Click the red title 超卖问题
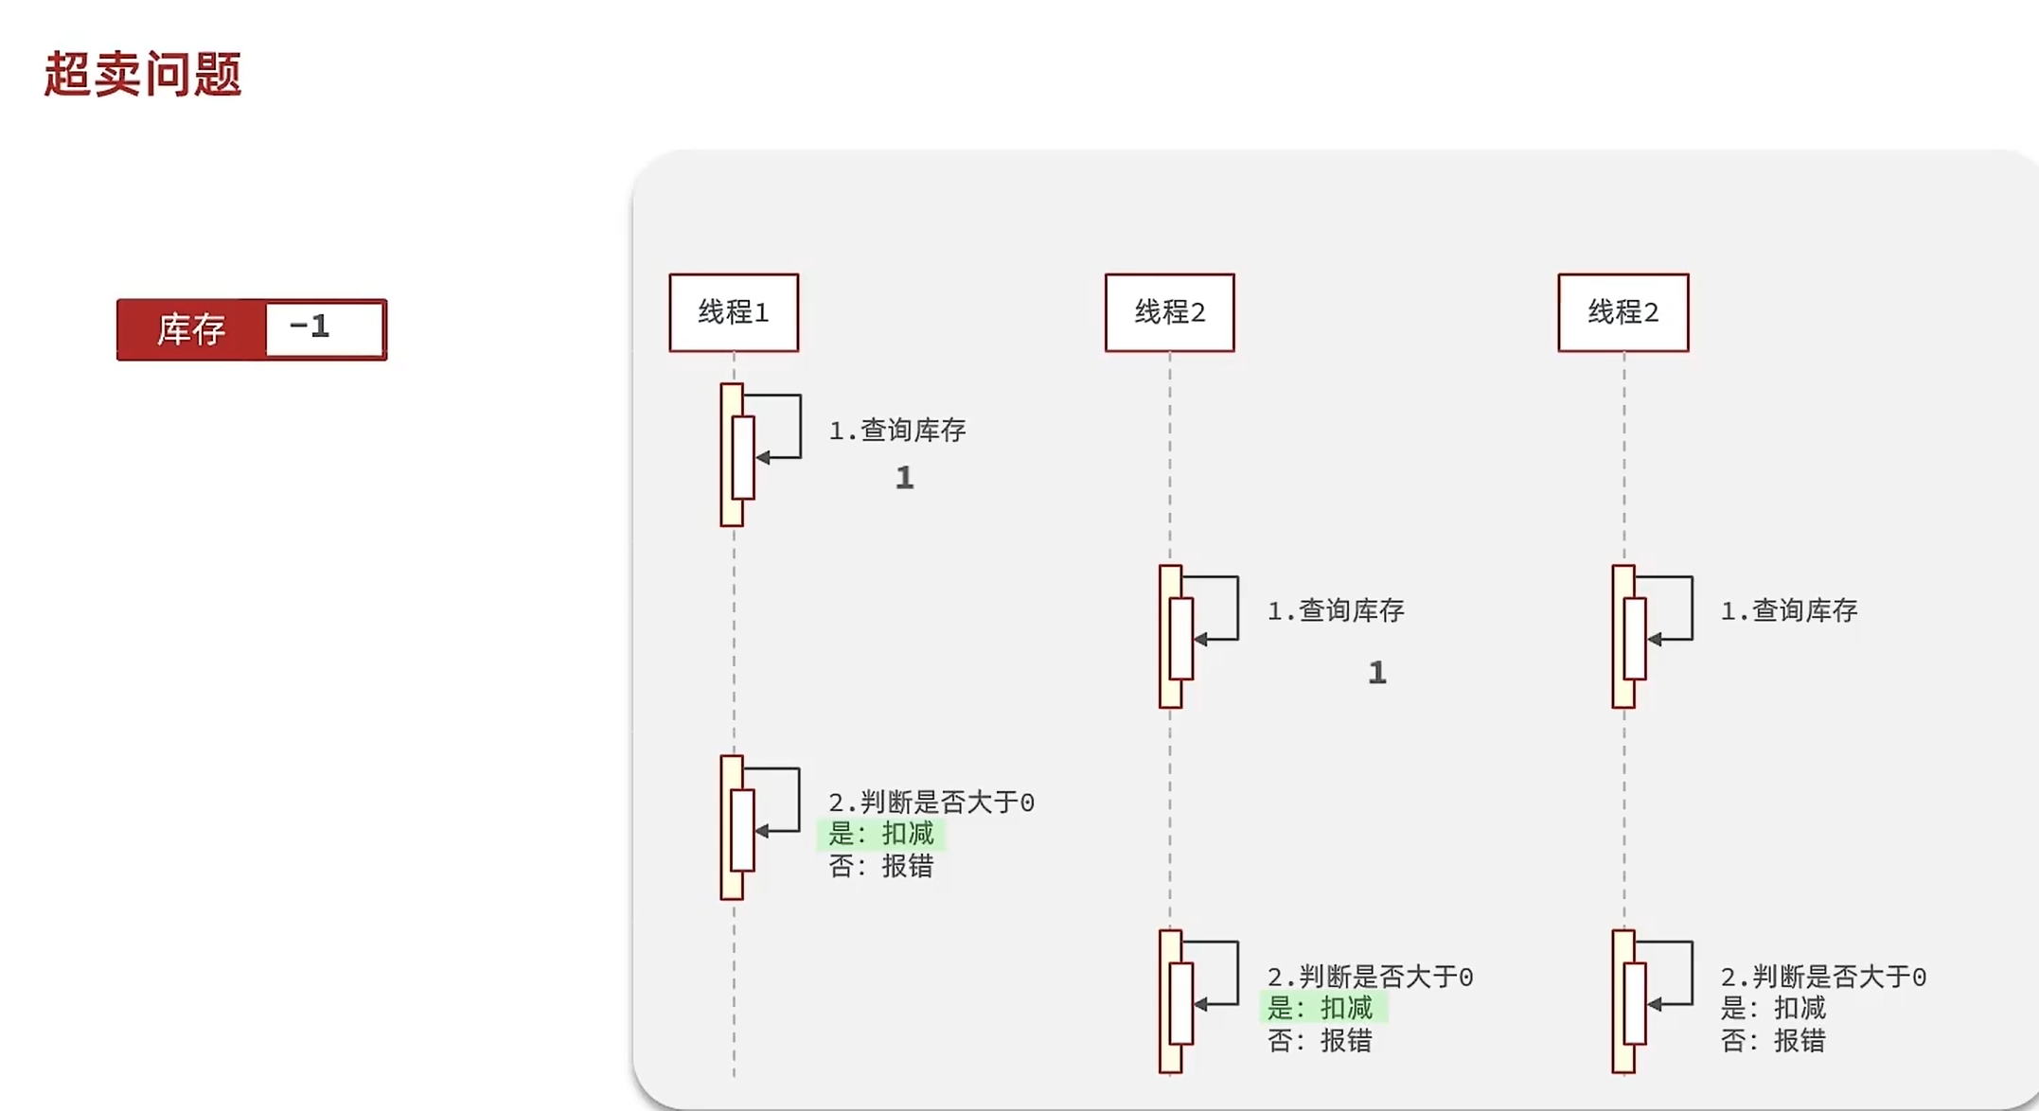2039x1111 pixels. (143, 74)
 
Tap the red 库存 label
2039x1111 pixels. (191, 329)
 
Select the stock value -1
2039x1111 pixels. (310, 326)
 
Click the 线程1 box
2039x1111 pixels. (734, 312)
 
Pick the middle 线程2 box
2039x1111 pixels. (1169, 312)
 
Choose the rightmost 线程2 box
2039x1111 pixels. (1622, 312)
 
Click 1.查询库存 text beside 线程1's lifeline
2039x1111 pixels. (897, 431)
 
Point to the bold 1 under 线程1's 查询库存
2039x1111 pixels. (905, 478)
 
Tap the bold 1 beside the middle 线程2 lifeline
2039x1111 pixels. (1377, 673)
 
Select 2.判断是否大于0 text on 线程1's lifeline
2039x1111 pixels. (931, 802)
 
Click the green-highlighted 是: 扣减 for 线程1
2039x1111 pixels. (881, 834)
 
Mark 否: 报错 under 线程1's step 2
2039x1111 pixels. (881, 866)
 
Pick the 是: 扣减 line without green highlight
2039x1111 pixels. (1773, 1008)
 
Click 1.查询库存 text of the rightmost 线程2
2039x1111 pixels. (1789, 611)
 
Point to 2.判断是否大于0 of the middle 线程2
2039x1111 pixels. (1370, 977)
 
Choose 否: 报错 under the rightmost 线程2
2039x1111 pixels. (1773, 1041)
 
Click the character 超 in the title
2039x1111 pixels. (68, 74)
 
